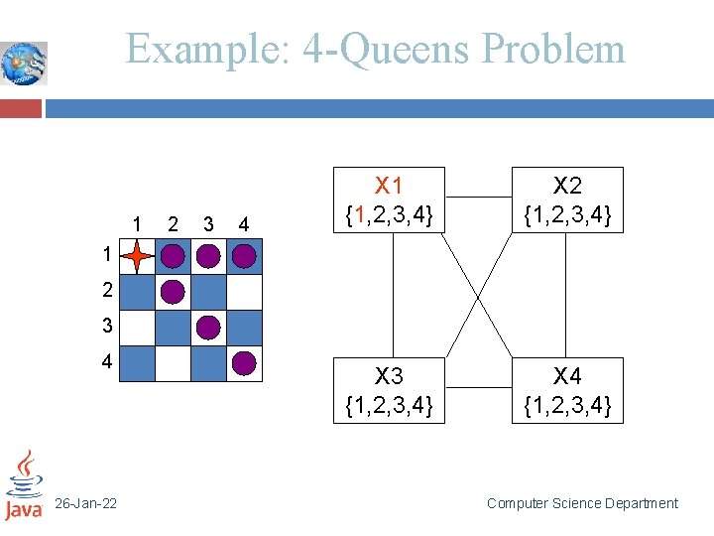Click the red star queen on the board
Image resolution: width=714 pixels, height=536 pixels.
[137, 257]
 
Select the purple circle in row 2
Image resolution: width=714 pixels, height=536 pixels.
[173, 292]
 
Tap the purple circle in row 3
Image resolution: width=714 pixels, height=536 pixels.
[208, 327]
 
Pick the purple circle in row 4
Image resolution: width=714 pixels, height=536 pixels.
[244, 362]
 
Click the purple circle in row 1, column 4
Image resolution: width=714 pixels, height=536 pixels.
[244, 257]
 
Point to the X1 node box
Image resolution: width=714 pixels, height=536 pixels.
[389, 200]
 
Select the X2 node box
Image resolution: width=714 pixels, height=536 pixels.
[567, 200]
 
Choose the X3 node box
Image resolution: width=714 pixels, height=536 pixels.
[389, 390]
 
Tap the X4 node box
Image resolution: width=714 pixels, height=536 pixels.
[567, 390]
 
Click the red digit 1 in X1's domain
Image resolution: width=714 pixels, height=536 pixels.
[363, 213]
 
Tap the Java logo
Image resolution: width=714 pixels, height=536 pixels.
[23, 484]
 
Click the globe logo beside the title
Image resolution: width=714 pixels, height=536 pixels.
[24, 64]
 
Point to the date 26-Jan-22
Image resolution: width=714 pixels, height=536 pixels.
[85, 504]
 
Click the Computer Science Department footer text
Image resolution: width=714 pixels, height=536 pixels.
[582, 503]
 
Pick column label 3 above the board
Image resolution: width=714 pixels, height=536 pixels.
[208, 224]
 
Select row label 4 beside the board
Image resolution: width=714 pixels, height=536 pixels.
[106, 362]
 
